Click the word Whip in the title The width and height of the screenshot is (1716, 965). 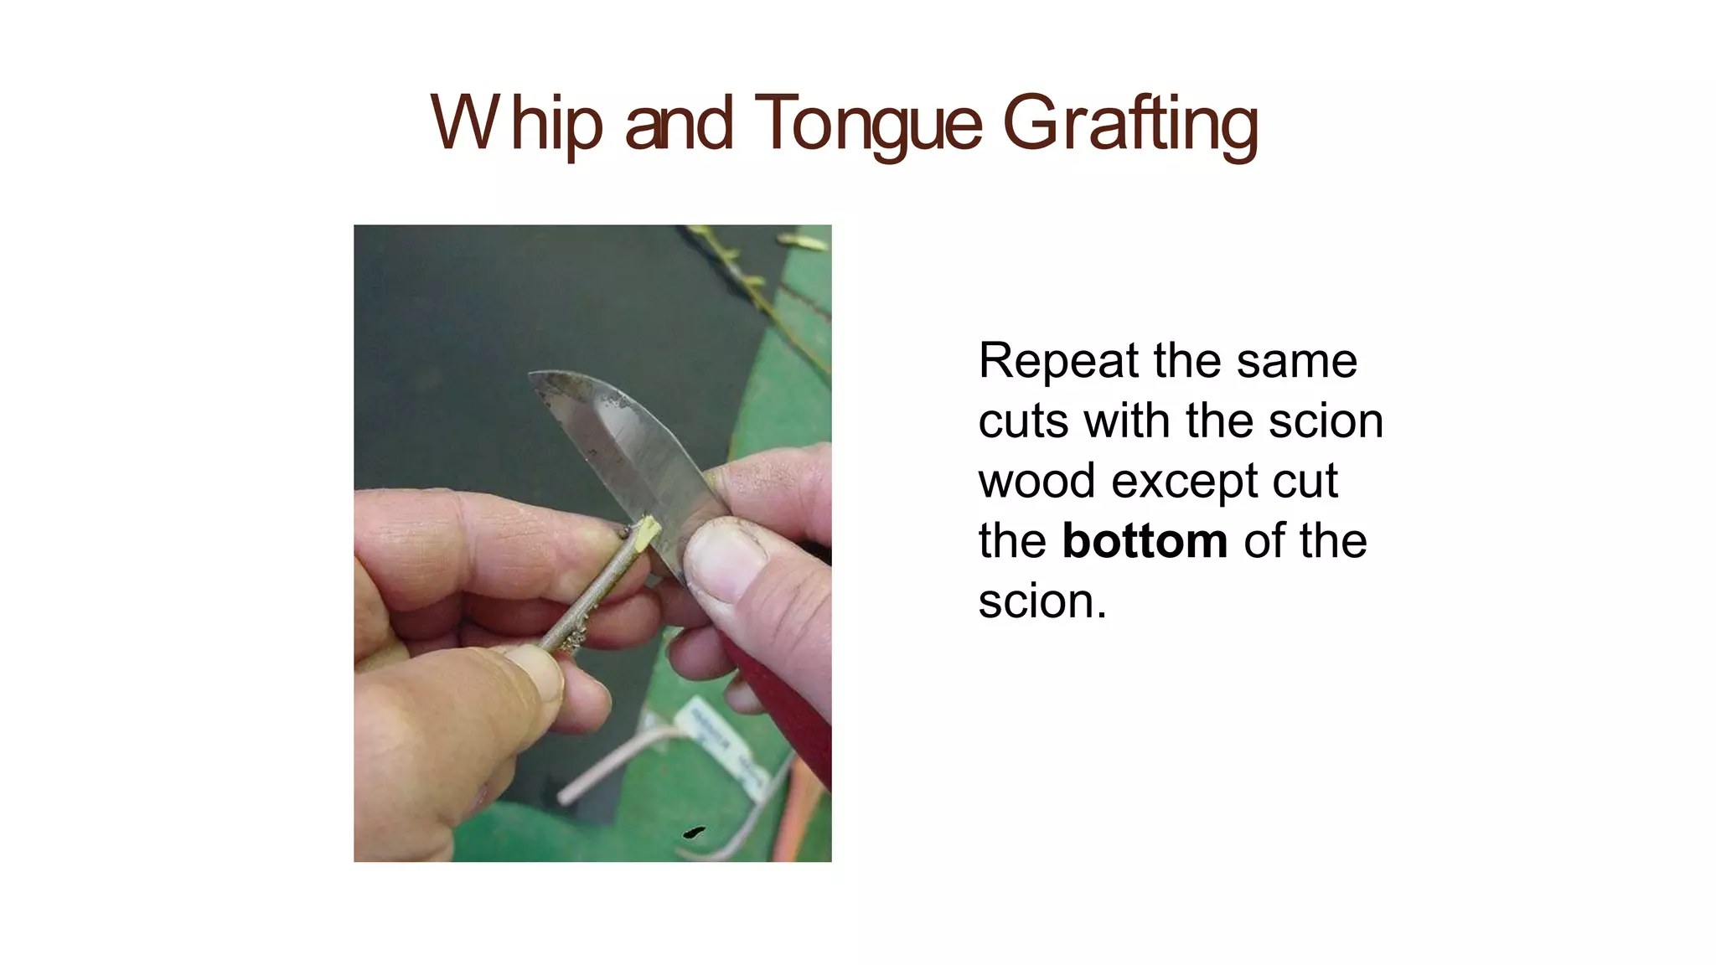coord(516,124)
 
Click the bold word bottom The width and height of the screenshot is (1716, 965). coord(1145,541)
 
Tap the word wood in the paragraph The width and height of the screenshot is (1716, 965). coord(1036,481)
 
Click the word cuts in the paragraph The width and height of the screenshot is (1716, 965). coord(1023,421)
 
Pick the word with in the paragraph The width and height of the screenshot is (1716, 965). coord(1126,421)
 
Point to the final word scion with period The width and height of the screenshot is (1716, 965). coord(1042,601)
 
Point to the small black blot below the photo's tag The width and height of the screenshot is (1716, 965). coord(694,832)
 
